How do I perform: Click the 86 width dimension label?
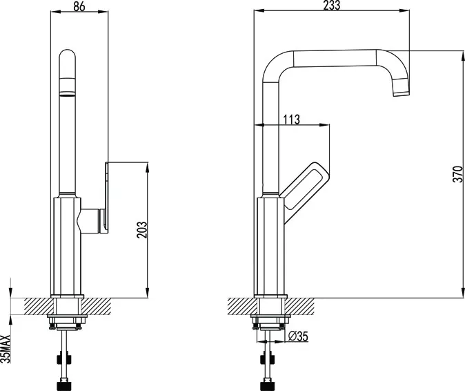point(79,6)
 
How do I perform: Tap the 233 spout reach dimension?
point(332,6)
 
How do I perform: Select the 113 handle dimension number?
point(292,120)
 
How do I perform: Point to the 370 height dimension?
point(458,174)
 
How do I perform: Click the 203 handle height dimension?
point(142,229)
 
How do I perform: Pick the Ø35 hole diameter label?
point(298,336)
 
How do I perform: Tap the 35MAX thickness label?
point(6,349)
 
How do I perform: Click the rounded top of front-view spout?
point(68,55)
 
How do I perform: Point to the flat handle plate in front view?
point(107,198)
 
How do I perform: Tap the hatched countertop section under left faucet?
point(68,306)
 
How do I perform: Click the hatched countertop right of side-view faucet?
point(300,306)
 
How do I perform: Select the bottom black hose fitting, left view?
point(64,385)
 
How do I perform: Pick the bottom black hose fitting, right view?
point(268,385)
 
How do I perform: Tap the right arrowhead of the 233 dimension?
point(404,11)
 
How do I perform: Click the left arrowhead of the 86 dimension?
point(56,12)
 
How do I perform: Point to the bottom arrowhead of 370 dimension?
point(463,292)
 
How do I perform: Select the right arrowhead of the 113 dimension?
point(324,125)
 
